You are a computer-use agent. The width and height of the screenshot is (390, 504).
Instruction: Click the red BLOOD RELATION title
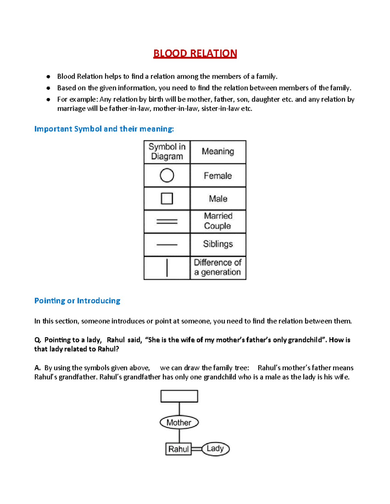(195, 54)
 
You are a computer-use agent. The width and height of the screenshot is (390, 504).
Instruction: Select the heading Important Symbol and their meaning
(104, 129)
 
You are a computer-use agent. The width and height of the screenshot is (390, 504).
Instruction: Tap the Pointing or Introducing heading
(77, 301)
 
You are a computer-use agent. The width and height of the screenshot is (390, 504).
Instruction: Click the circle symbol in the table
(167, 175)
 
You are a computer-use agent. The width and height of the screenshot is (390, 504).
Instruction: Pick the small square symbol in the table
(167, 198)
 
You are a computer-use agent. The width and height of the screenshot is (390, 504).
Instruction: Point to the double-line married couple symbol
(167, 222)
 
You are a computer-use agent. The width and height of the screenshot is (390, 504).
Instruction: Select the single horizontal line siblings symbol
(167, 245)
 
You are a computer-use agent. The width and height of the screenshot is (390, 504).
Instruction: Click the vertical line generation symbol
(167, 268)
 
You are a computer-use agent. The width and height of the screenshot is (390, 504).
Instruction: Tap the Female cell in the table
(218, 176)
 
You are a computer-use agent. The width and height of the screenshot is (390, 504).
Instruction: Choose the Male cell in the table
(218, 199)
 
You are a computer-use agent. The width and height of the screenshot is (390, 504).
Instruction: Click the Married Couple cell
(218, 221)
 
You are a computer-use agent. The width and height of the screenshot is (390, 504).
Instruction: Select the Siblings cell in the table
(218, 244)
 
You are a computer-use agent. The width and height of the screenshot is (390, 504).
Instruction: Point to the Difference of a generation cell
(218, 267)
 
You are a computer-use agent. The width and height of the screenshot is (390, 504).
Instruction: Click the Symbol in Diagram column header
(167, 152)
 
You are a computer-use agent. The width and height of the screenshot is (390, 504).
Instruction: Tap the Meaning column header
(218, 152)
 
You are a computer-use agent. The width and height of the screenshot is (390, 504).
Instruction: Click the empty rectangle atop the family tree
(179, 396)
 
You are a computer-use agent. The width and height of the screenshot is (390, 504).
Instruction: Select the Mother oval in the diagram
(179, 422)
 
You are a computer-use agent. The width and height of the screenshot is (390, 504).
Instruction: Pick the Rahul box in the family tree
(178, 449)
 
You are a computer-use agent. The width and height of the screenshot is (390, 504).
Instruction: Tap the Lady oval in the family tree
(215, 449)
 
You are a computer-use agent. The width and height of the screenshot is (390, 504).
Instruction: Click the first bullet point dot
(48, 77)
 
